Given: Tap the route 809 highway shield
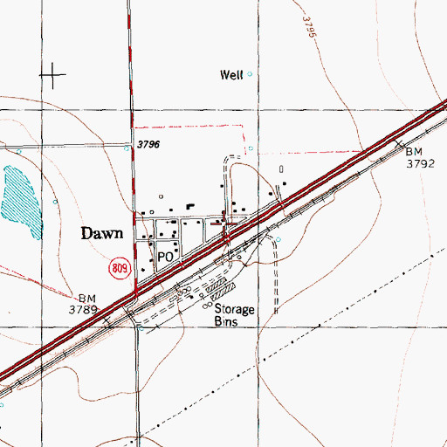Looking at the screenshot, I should [121, 268].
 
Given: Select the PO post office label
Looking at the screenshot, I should [167, 258].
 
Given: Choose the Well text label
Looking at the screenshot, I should [230, 75].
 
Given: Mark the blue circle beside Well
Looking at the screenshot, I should [250, 74].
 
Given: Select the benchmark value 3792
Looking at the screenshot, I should [419, 162].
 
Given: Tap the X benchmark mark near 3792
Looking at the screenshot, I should [399, 143].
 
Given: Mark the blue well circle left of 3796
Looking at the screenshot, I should [126, 148].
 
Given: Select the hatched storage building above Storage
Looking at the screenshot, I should [226, 286].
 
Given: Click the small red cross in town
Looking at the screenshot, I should [229, 223].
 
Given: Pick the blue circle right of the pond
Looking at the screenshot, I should [56, 202].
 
